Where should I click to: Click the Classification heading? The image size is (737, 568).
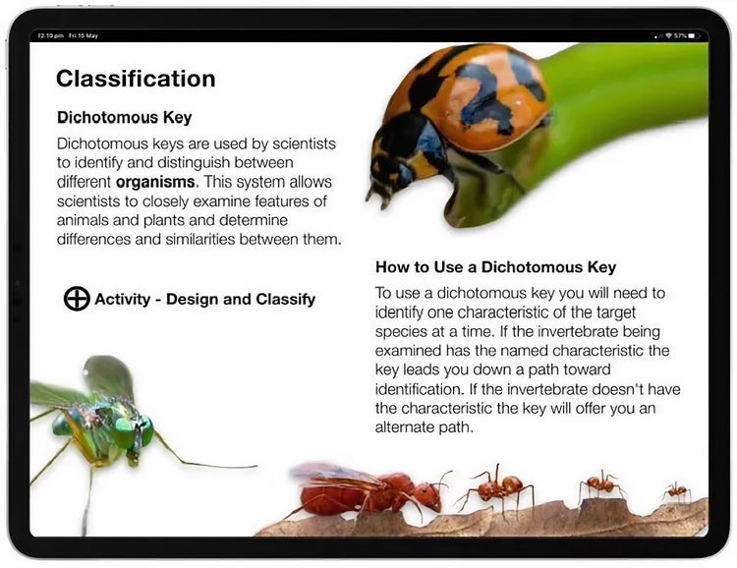(x=136, y=79)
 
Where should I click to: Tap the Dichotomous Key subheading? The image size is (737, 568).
(x=124, y=117)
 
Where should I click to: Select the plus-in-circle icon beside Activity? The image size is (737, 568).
(x=77, y=299)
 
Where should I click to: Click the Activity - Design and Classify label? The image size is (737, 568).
(x=204, y=299)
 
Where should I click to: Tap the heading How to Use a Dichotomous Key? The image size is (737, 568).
(x=495, y=267)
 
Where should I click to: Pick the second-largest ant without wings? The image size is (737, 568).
(x=501, y=485)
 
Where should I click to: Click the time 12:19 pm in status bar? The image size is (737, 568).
(x=50, y=35)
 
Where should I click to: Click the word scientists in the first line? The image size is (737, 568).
(x=295, y=143)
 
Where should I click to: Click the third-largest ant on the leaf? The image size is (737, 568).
(x=598, y=484)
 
